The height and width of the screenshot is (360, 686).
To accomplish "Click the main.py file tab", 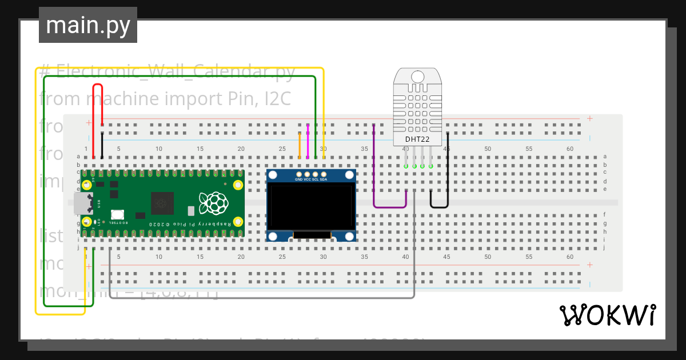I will pos(87,26).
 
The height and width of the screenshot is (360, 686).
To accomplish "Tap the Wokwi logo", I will pos(607,315).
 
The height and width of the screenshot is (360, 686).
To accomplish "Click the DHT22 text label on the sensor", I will pos(417,139).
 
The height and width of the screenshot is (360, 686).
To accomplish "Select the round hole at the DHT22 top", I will pos(418,77).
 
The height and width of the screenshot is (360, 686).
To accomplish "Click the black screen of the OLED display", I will pos(312,207).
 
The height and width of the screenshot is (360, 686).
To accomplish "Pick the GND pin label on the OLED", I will pos(298,179).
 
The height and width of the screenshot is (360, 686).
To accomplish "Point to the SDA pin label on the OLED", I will pos(324,179).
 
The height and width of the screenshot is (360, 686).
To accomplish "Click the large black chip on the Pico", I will pos(162,203).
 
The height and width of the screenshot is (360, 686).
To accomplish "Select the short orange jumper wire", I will pos(300,146).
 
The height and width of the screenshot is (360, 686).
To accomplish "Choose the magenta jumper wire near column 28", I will pos(308,141).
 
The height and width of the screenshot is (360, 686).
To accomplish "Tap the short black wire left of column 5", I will pos(102,146).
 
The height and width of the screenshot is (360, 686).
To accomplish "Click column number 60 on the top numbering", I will pos(569,149).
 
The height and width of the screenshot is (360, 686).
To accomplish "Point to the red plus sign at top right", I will pos(589,119).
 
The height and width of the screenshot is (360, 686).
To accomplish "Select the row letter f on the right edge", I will pos(605,215).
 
